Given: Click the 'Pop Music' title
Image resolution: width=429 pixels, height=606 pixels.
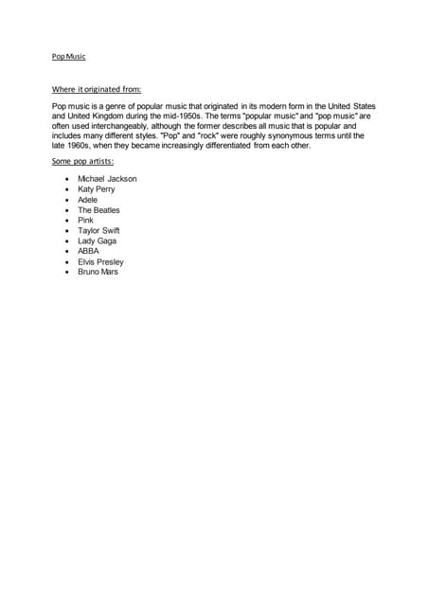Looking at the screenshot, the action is click(x=68, y=56).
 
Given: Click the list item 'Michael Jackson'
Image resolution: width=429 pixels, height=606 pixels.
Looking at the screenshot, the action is click(x=107, y=179).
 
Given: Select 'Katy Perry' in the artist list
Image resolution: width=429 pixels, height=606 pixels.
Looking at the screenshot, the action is click(x=97, y=189).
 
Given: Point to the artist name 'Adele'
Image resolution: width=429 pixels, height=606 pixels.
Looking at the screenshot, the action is click(x=88, y=200).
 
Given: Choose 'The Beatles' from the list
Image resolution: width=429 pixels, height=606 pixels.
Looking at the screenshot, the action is click(x=99, y=210).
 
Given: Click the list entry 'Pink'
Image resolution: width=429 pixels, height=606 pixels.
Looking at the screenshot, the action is click(x=86, y=221).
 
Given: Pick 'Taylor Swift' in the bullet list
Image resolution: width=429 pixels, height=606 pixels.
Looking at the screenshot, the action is click(x=98, y=231).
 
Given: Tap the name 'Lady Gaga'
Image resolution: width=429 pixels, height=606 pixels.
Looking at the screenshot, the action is click(x=98, y=241).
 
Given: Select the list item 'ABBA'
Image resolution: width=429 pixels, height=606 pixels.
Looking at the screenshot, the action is click(x=88, y=252).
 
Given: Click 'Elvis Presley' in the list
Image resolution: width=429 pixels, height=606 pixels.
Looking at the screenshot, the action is click(x=101, y=262).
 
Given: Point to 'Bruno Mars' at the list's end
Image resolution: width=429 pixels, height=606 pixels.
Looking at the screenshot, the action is click(x=98, y=272).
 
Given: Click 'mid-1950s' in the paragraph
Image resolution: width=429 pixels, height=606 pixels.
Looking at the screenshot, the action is click(x=178, y=116).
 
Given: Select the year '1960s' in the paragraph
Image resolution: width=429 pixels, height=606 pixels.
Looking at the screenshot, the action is click(x=80, y=146).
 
